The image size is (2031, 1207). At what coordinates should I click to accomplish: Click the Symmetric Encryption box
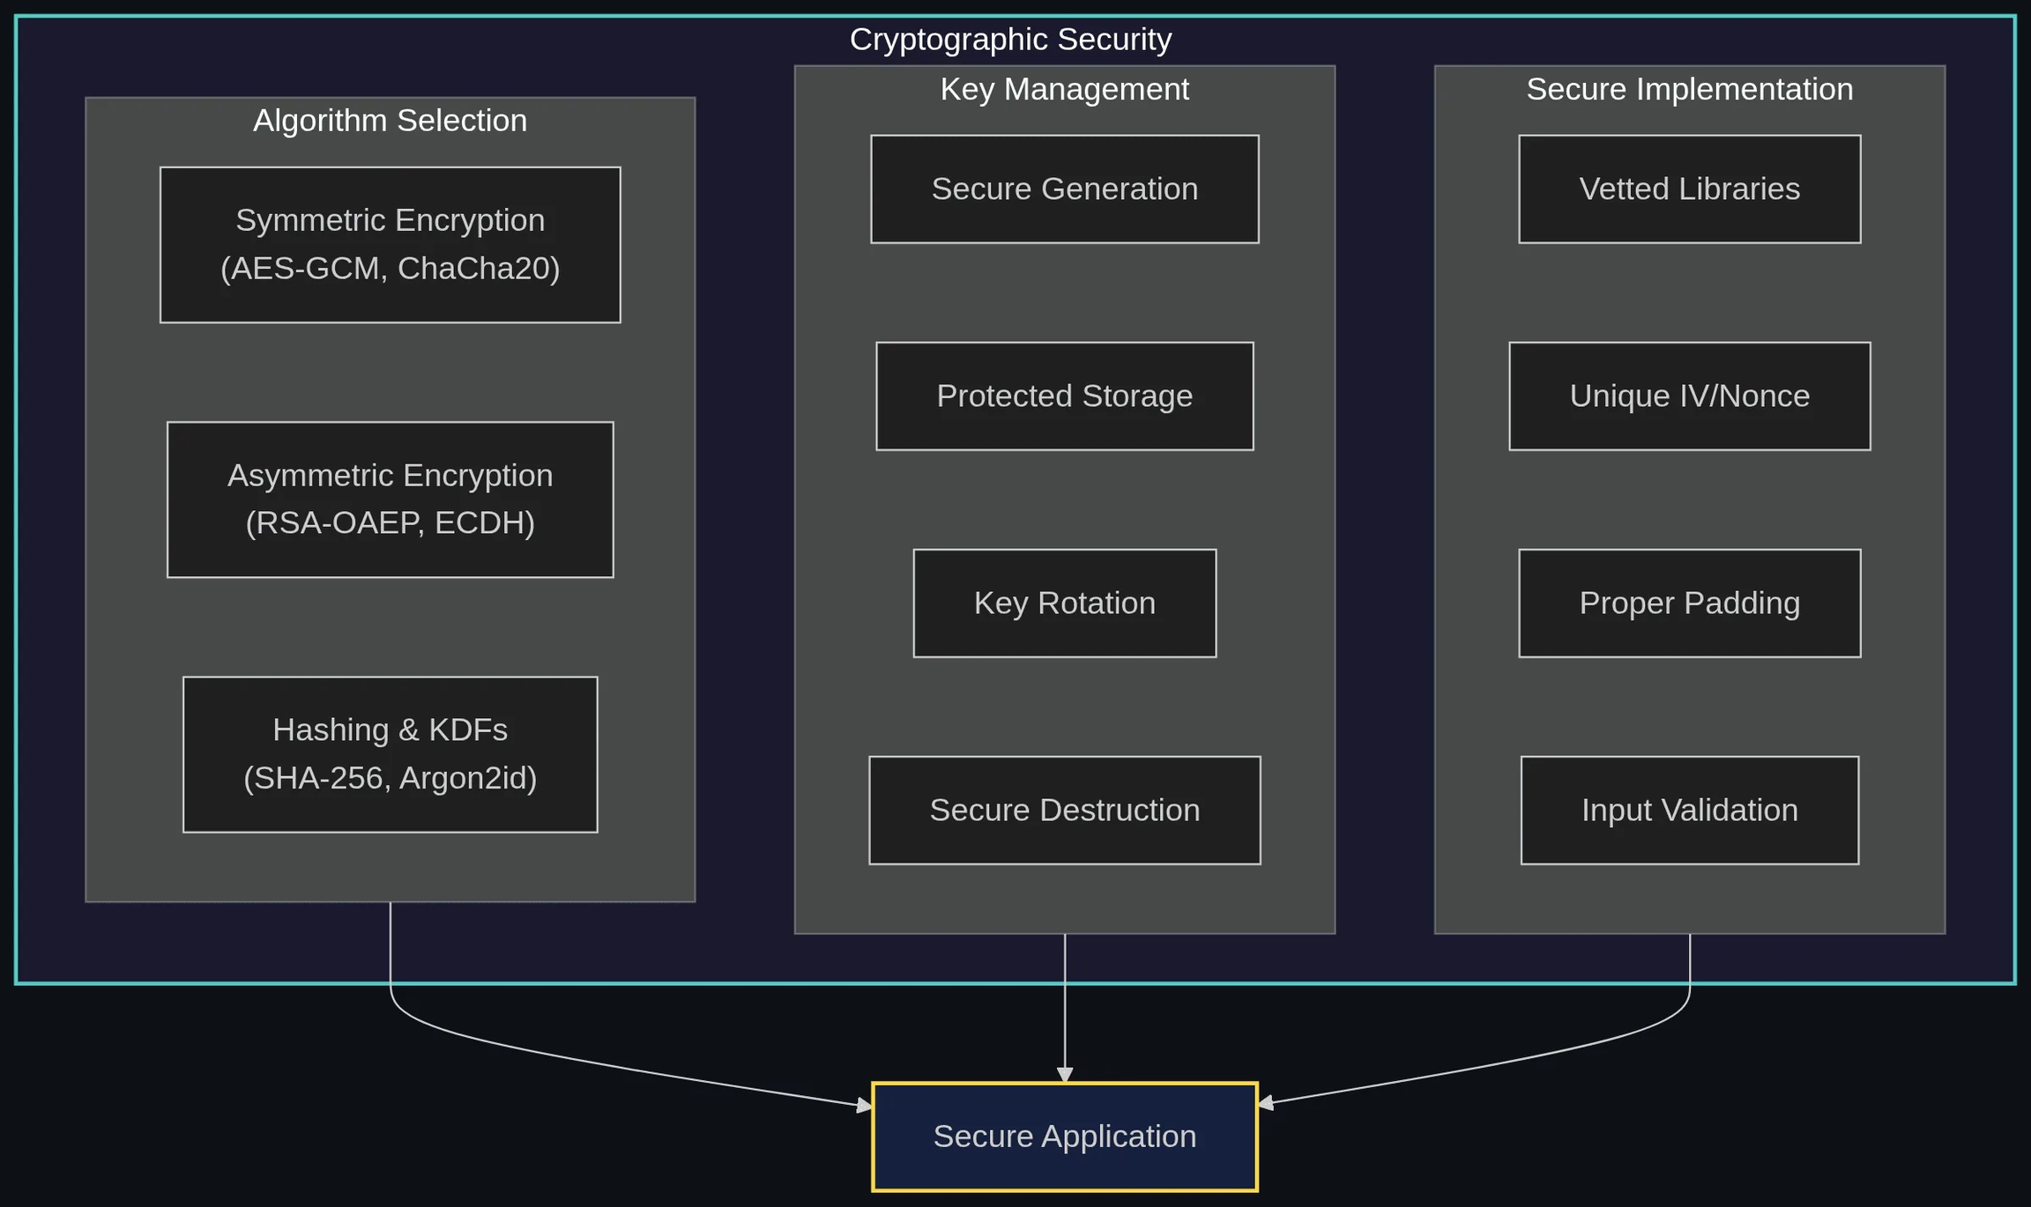click(x=390, y=244)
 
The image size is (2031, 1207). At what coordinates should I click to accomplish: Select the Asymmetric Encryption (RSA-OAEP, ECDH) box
click(x=390, y=500)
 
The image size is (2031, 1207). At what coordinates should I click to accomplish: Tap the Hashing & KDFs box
click(x=390, y=754)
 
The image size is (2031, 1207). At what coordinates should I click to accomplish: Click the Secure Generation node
click(x=1064, y=189)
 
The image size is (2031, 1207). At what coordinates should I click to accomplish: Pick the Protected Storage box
click(x=1064, y=396)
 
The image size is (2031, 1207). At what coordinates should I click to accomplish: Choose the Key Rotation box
click(x=1064, y=603)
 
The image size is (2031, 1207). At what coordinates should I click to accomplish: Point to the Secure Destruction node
click(x=1064, y=810)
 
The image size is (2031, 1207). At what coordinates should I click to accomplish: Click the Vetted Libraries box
click(x=1689, y=189)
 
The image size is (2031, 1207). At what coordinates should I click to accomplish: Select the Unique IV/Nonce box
click(x=1689, y=396)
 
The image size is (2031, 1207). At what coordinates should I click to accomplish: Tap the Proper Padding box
click(x=1689, y=603)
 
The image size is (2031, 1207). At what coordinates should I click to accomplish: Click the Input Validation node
click(x=1689, y=810)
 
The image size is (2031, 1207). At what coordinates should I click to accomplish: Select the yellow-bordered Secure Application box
click(x=1064, y=1137)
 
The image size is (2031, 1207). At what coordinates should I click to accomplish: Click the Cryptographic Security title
click(x=1010, y=39)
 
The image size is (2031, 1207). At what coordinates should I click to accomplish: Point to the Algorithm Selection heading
click(x=390, y=120)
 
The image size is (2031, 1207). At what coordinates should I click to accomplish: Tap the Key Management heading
click(x=1064, y=89)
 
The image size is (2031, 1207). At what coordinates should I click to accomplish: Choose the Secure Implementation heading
click(x=1689, y=89)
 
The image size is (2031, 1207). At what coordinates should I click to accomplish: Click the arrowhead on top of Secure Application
click(x=1065, y=1075)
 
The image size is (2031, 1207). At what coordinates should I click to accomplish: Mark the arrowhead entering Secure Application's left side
click(x=864, y=1105)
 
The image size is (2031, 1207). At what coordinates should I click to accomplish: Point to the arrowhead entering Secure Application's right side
click(x=1266, y=1102)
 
